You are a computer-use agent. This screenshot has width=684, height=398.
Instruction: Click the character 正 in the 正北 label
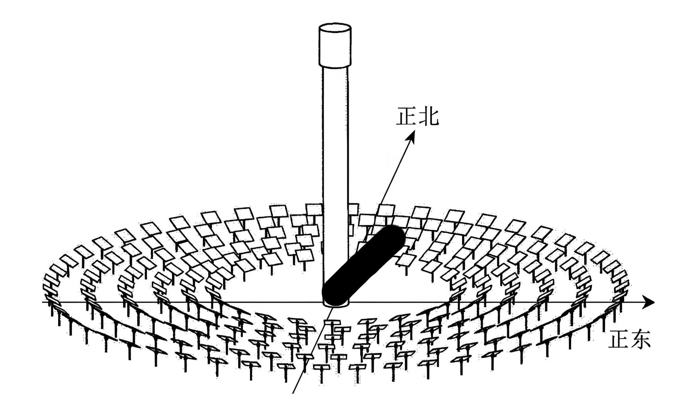[407, 116]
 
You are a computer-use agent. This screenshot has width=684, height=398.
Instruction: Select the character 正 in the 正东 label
[618, 339]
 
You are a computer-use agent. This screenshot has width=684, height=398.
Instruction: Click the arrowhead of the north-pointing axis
[411, 136]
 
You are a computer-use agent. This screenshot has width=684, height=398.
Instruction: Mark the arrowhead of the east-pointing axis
[648, 302]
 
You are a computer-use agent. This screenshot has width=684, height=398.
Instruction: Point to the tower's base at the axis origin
[336, 303]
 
